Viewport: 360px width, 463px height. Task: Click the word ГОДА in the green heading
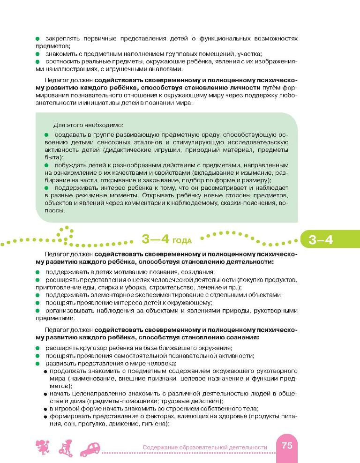182,242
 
